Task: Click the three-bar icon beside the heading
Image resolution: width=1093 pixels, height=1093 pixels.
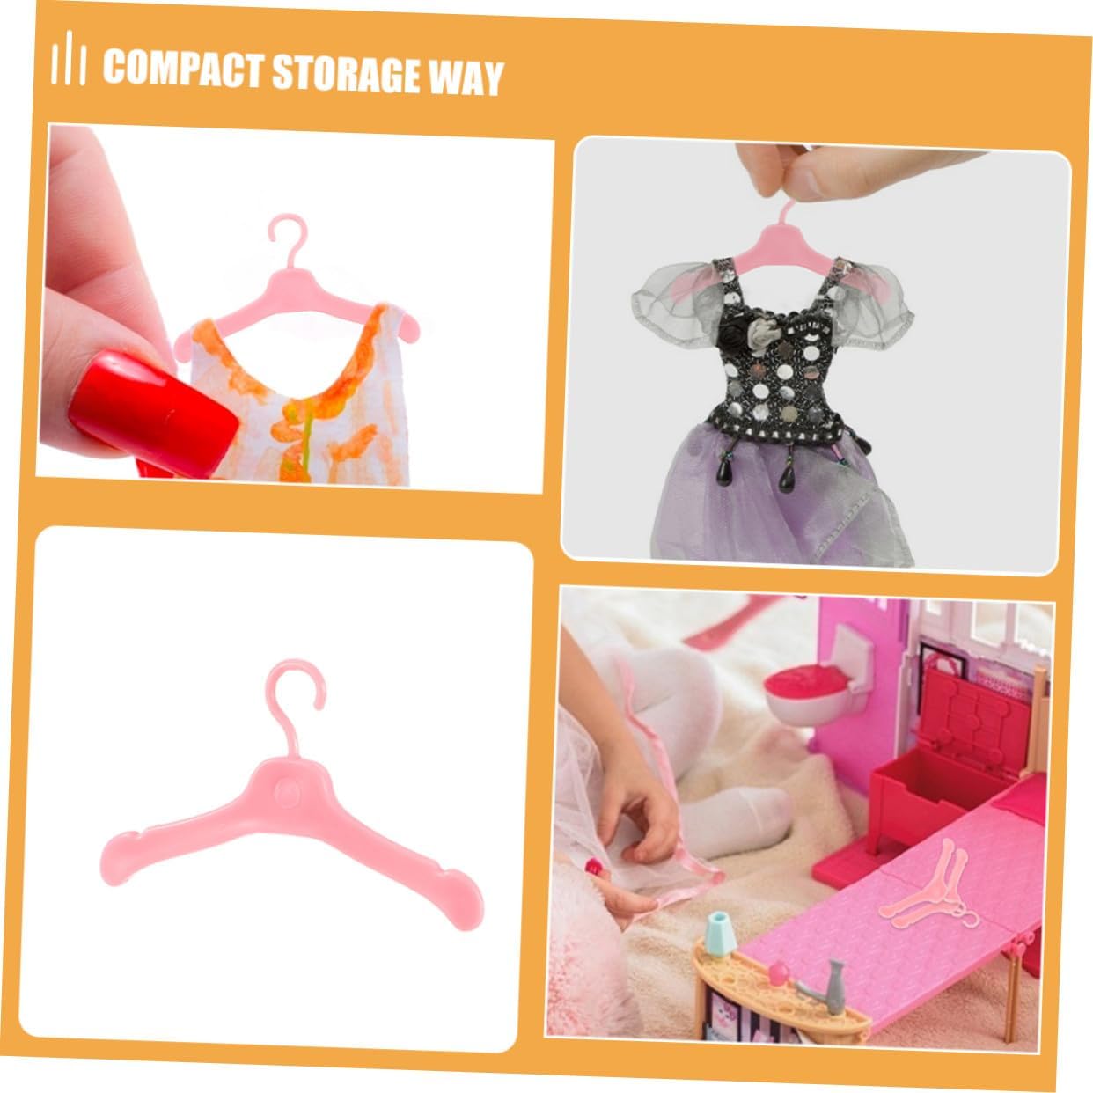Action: tap(68, 59)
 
